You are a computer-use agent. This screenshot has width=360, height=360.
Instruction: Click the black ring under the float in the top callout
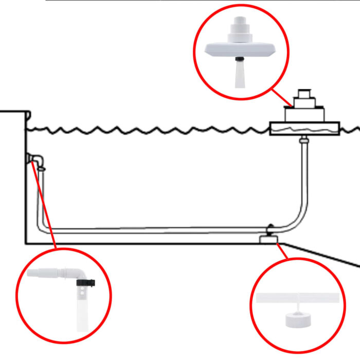[x=240, y=60]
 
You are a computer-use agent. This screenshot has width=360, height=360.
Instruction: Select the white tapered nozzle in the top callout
[x=240, y=75]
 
